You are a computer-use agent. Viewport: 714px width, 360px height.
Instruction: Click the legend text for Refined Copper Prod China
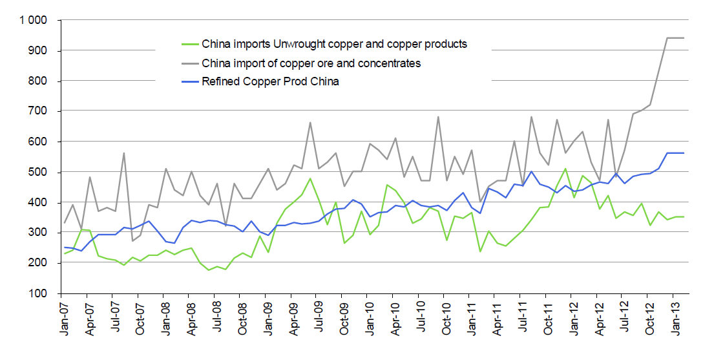coord(270,81)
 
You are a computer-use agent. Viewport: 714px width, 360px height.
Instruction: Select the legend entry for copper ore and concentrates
coord(311,63)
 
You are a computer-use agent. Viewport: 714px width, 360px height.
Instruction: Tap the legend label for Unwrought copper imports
coord(334,45)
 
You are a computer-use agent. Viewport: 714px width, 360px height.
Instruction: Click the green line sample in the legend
coord(188,45)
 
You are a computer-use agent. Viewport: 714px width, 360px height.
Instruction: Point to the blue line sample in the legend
coord(188,81)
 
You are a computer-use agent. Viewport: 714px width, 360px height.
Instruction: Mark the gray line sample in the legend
coord(188,63)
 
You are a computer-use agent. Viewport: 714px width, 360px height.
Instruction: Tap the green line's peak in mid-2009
coord(310,178)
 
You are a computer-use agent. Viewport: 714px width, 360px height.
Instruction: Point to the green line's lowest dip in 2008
coord(208,270)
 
